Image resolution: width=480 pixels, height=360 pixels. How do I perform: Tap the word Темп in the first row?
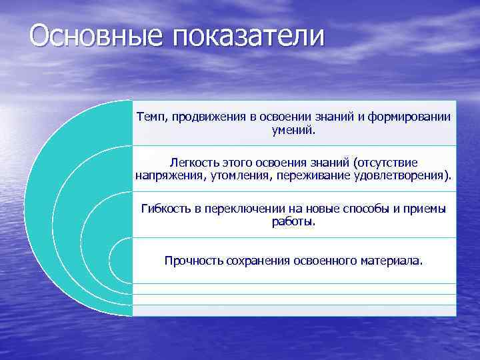151,117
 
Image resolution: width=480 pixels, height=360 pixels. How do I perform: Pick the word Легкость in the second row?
192,163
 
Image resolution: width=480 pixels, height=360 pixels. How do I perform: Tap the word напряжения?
166,176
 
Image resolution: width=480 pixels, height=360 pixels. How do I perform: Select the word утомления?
229,176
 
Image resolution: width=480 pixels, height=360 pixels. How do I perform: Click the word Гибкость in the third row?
165,209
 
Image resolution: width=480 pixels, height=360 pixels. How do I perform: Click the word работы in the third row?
293,221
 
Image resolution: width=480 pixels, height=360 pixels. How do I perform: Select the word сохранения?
257,260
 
